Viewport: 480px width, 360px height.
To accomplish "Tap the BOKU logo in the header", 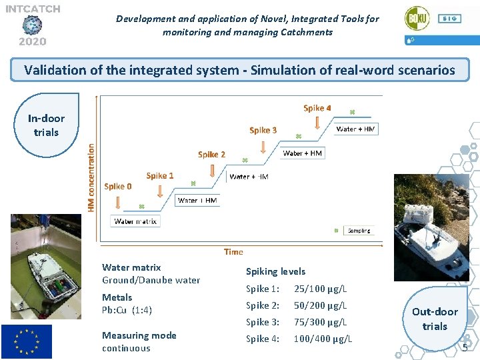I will (x=417, y=19).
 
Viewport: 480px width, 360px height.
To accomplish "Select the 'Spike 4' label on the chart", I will (x=317, y=108).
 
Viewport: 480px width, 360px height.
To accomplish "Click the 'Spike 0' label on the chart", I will (x=118, y=187).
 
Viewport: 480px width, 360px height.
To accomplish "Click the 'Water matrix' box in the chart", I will (x=135, y=221).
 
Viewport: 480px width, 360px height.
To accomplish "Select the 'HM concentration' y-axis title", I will (x=91, y=178).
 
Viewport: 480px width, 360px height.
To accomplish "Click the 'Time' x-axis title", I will (x=233, y=252).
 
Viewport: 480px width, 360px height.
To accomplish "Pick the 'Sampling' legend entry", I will (x=358, y=231).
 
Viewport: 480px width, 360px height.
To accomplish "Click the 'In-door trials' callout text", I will (x=46, y=125).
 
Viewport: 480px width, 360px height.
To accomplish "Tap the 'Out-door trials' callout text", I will (x=435, y=319).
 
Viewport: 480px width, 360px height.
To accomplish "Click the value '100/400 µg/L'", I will (x=323, y=339).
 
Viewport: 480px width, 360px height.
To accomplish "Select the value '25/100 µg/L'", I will (x=320, y=289).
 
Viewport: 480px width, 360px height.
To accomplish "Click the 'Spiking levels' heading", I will (x=275, y=271).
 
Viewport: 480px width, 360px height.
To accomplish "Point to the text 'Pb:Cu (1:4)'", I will (x=127, y=310).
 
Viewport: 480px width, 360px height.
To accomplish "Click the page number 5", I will (x=465, y=348).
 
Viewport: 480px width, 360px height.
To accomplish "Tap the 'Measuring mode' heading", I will (x=139, y=335).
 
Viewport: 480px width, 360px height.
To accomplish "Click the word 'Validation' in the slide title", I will (x=54, y=69).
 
